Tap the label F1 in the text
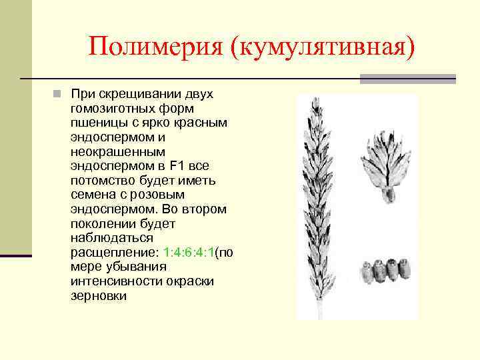(180, 166)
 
